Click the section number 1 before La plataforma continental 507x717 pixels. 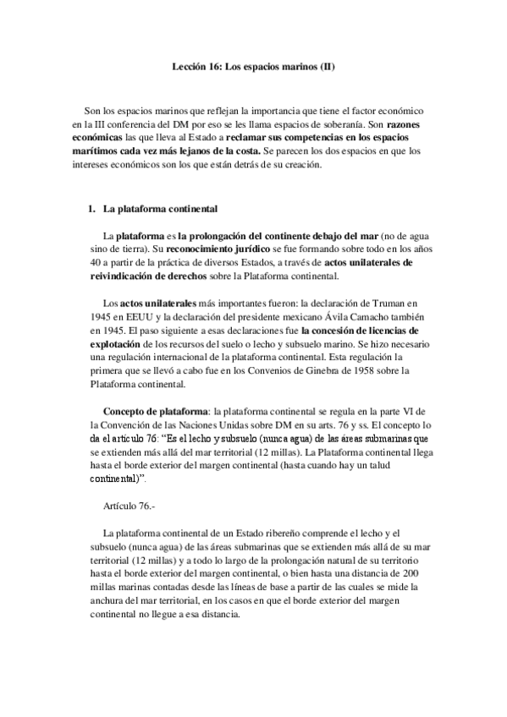tap(91, 208)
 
